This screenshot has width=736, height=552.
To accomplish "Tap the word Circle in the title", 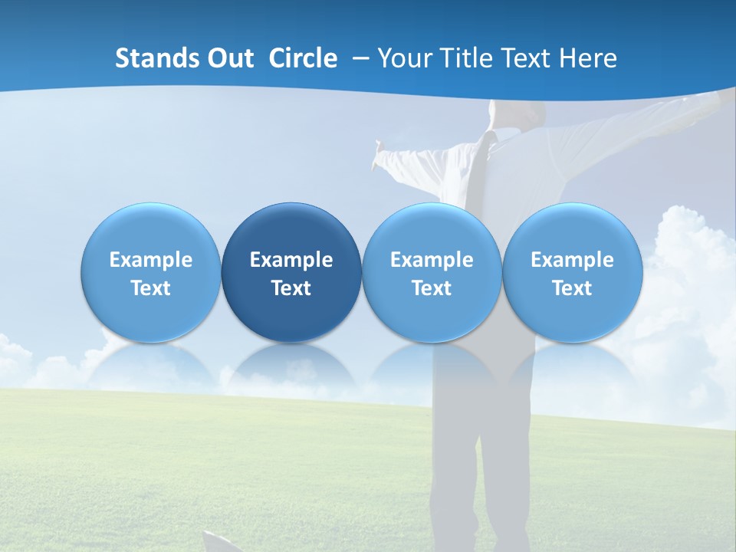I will (303, 58).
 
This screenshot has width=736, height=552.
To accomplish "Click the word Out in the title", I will (228, 58).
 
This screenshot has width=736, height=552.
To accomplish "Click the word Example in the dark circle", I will (291, 260).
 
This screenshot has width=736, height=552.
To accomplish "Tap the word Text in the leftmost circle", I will (150, 288).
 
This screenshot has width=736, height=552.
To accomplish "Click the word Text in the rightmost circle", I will (572, 288).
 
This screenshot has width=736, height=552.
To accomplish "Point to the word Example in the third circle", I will (432, 260).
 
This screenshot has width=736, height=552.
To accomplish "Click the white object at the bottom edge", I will (222, 543).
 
